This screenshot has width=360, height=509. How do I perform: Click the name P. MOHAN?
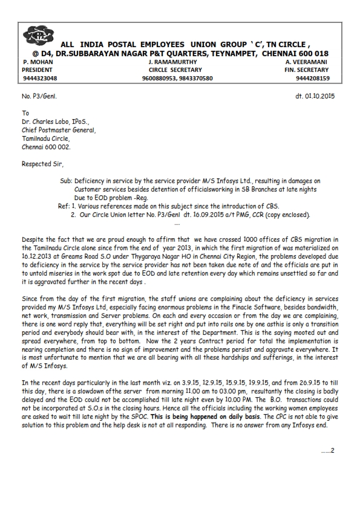click(38, 62)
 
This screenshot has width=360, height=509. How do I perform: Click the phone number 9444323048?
click(40, 78)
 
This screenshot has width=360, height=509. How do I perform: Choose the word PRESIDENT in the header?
click(37, 70)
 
